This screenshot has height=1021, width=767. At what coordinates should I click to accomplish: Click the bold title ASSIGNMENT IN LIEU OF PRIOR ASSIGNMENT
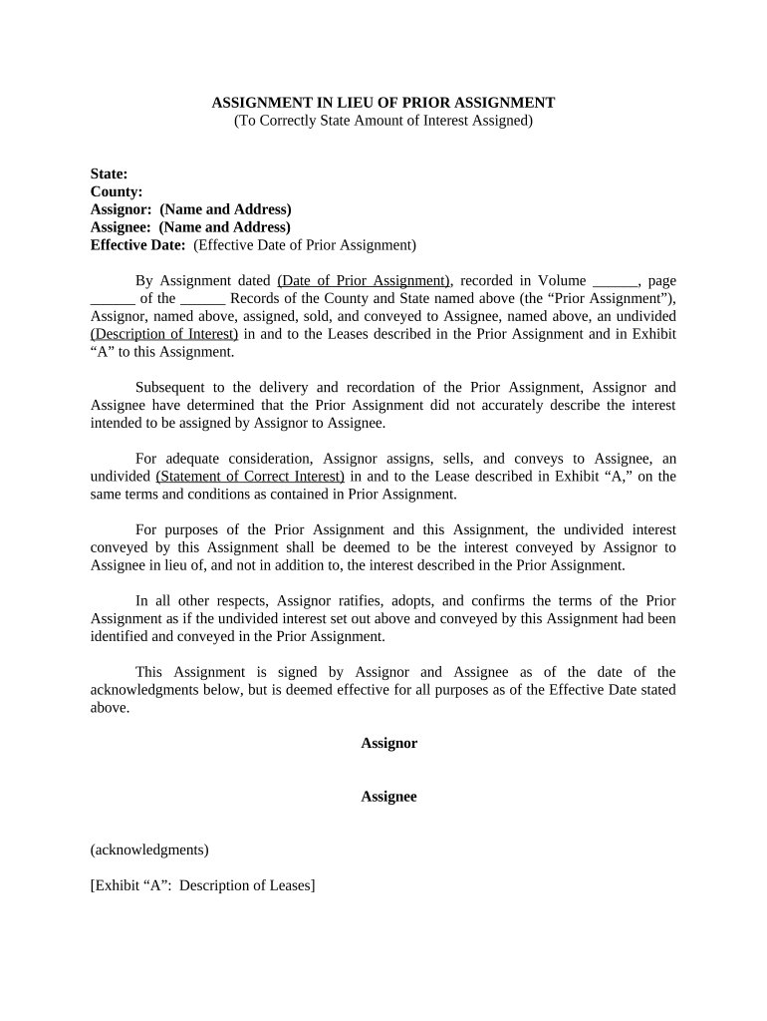(x=383, y=103)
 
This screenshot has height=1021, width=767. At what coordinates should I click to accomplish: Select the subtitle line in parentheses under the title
(x=383, y=121)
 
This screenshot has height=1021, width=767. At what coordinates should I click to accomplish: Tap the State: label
(x=109, y=173)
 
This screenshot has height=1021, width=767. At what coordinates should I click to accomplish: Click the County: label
(x=117, y=191)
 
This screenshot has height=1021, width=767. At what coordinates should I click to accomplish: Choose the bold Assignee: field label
(x=122, y=227)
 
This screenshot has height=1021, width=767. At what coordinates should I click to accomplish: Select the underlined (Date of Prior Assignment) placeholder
(x=364, y=281)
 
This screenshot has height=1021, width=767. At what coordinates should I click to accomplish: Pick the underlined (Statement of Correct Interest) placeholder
(x=250, y=477)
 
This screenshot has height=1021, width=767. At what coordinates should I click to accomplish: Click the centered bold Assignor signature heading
(x=388, y=744)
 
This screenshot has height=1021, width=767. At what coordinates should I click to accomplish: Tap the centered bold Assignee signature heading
(x=388, y=797)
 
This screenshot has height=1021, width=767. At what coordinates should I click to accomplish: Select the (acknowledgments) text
(x=149, y=851)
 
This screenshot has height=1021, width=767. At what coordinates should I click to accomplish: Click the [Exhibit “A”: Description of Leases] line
(x=202, y=885)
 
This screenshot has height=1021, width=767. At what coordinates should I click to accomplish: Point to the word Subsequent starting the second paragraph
(x=171, y=387)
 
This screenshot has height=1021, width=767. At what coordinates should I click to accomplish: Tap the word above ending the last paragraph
(x=110, y=708)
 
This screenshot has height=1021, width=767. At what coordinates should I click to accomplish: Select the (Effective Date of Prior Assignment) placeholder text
(x=305, y=245)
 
